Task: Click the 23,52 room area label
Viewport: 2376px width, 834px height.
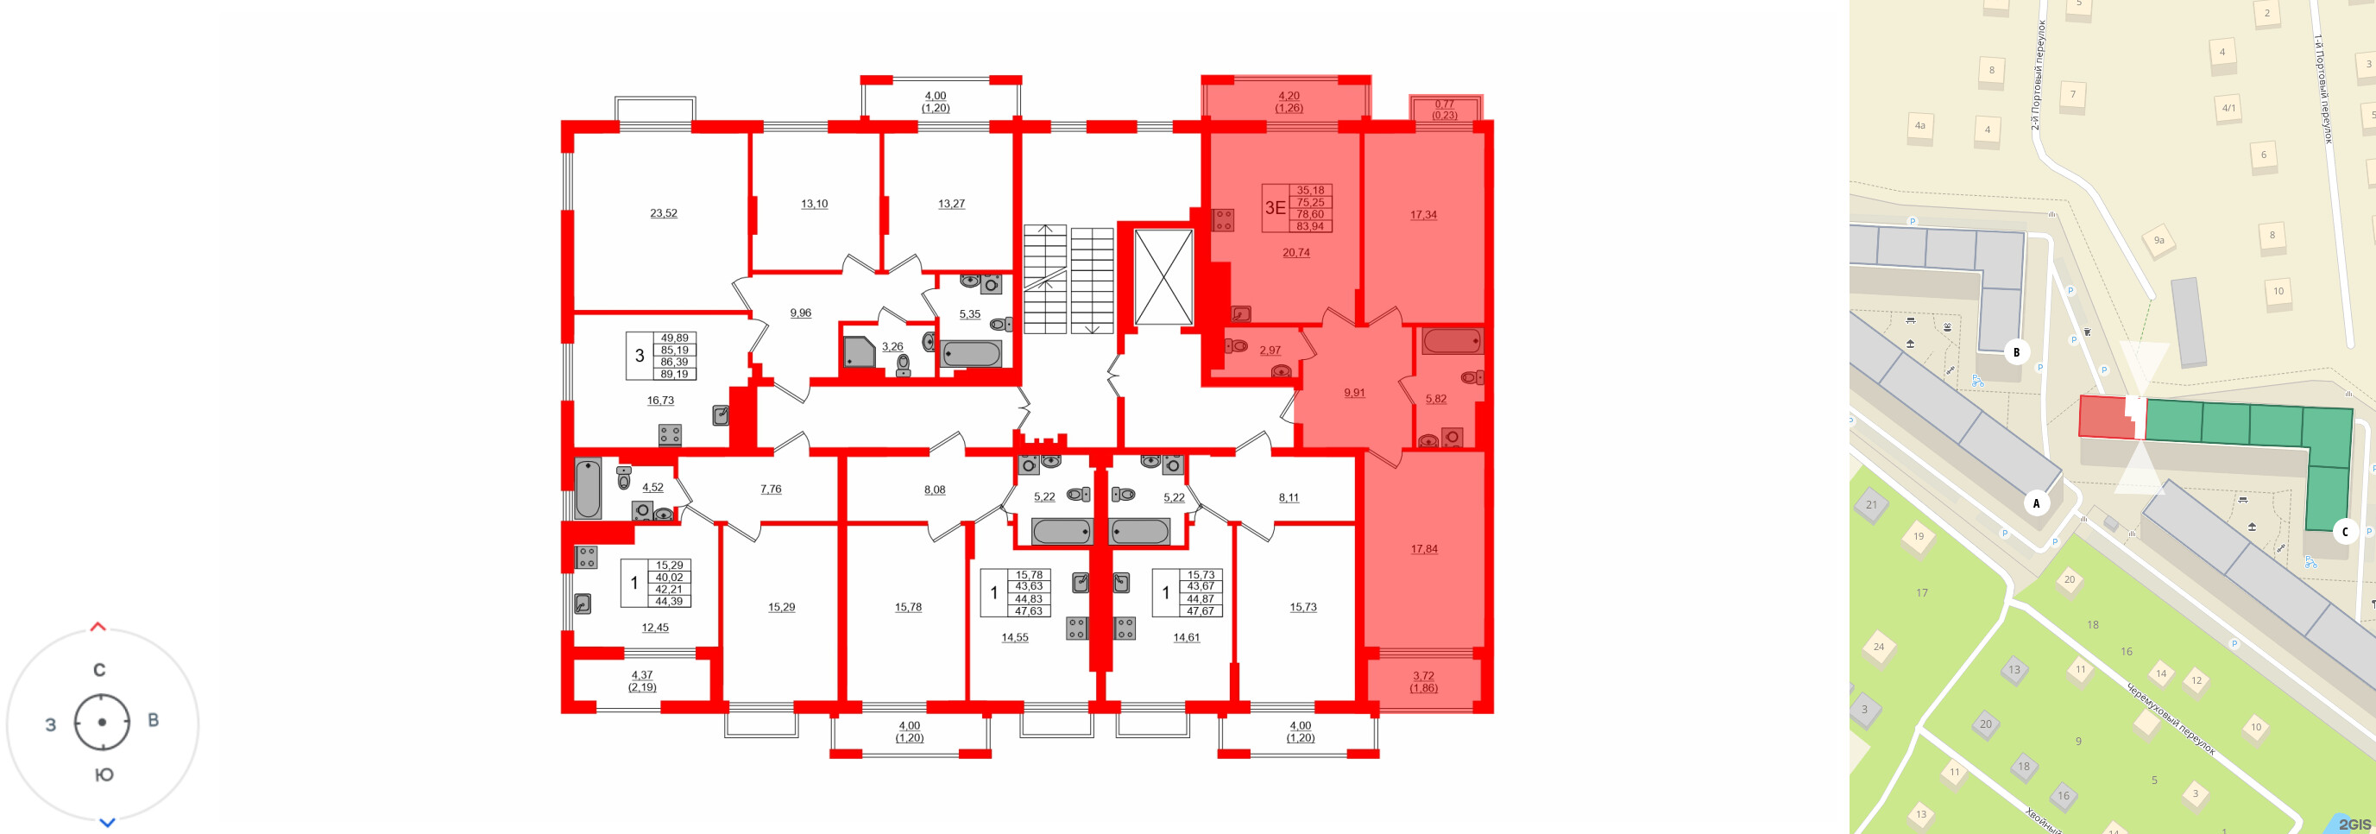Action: [x=663, y=213]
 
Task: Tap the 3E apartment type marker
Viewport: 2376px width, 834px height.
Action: [x=1275, y=207]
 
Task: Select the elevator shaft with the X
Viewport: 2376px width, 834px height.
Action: [x=1163, y=277]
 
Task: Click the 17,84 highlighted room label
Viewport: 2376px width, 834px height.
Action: [x=1423, y=549]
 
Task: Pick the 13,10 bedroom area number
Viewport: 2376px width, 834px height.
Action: [x=814, y=204]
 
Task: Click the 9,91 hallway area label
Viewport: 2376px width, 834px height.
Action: [x=1353, y=393]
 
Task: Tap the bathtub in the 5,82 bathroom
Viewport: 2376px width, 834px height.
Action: [x=1451, y=341]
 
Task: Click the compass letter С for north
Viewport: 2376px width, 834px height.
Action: [x=99, y=670]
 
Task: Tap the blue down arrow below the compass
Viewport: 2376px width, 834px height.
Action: [x=107, y=822]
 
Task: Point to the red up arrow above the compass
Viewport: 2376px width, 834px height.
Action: [x=98, y=628]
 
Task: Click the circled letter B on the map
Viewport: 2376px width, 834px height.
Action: [x=2016, y=351]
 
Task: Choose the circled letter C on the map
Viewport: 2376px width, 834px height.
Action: [x=2345, y=532]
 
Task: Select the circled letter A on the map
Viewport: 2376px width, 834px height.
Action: [x=2037, y=502]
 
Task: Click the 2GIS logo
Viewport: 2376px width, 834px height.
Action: [x=2354, y=823]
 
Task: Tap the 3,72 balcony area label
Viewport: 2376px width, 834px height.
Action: [x=1422, y=676]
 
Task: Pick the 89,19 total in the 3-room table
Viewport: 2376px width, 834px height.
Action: [x=674, y=375]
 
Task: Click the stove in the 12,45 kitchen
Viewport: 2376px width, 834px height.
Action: [x=586, y=557]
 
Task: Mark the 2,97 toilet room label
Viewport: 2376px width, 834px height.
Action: [x=1270, y=351]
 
